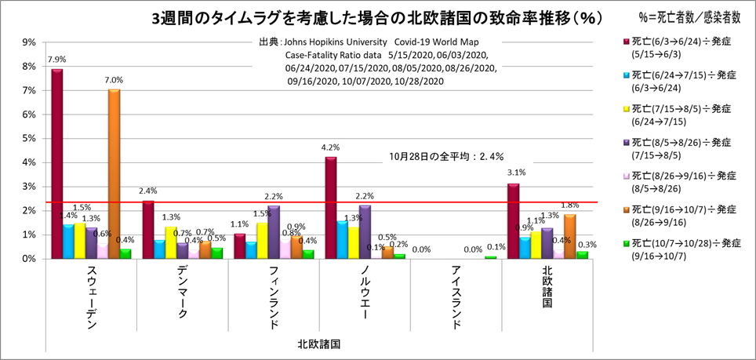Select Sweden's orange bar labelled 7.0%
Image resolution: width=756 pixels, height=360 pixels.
[x=114, y=173]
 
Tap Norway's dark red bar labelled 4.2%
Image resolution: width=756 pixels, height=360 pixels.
[x=331, y=208]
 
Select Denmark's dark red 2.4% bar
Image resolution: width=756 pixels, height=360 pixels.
[x=148, y=229]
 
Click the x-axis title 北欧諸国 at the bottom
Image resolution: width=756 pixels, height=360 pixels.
[x=318, y=343]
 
